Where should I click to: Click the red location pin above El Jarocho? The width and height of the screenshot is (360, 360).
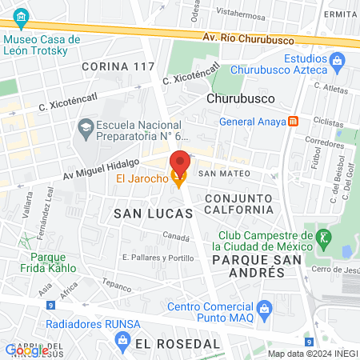coord(180,160)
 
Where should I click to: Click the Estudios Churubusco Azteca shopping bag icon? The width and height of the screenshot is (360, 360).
coord(337,58)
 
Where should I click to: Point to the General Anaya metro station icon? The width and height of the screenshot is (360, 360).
coord(294,122)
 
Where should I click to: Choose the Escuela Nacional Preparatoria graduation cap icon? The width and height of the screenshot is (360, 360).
coord(85,126)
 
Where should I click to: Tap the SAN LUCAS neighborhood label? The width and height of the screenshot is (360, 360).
coord(153,214)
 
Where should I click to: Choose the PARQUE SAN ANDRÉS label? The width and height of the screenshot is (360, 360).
coord(249,266)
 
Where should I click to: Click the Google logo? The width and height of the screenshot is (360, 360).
coord(26,350)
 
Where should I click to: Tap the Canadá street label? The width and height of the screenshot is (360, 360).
coord(176,236)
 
